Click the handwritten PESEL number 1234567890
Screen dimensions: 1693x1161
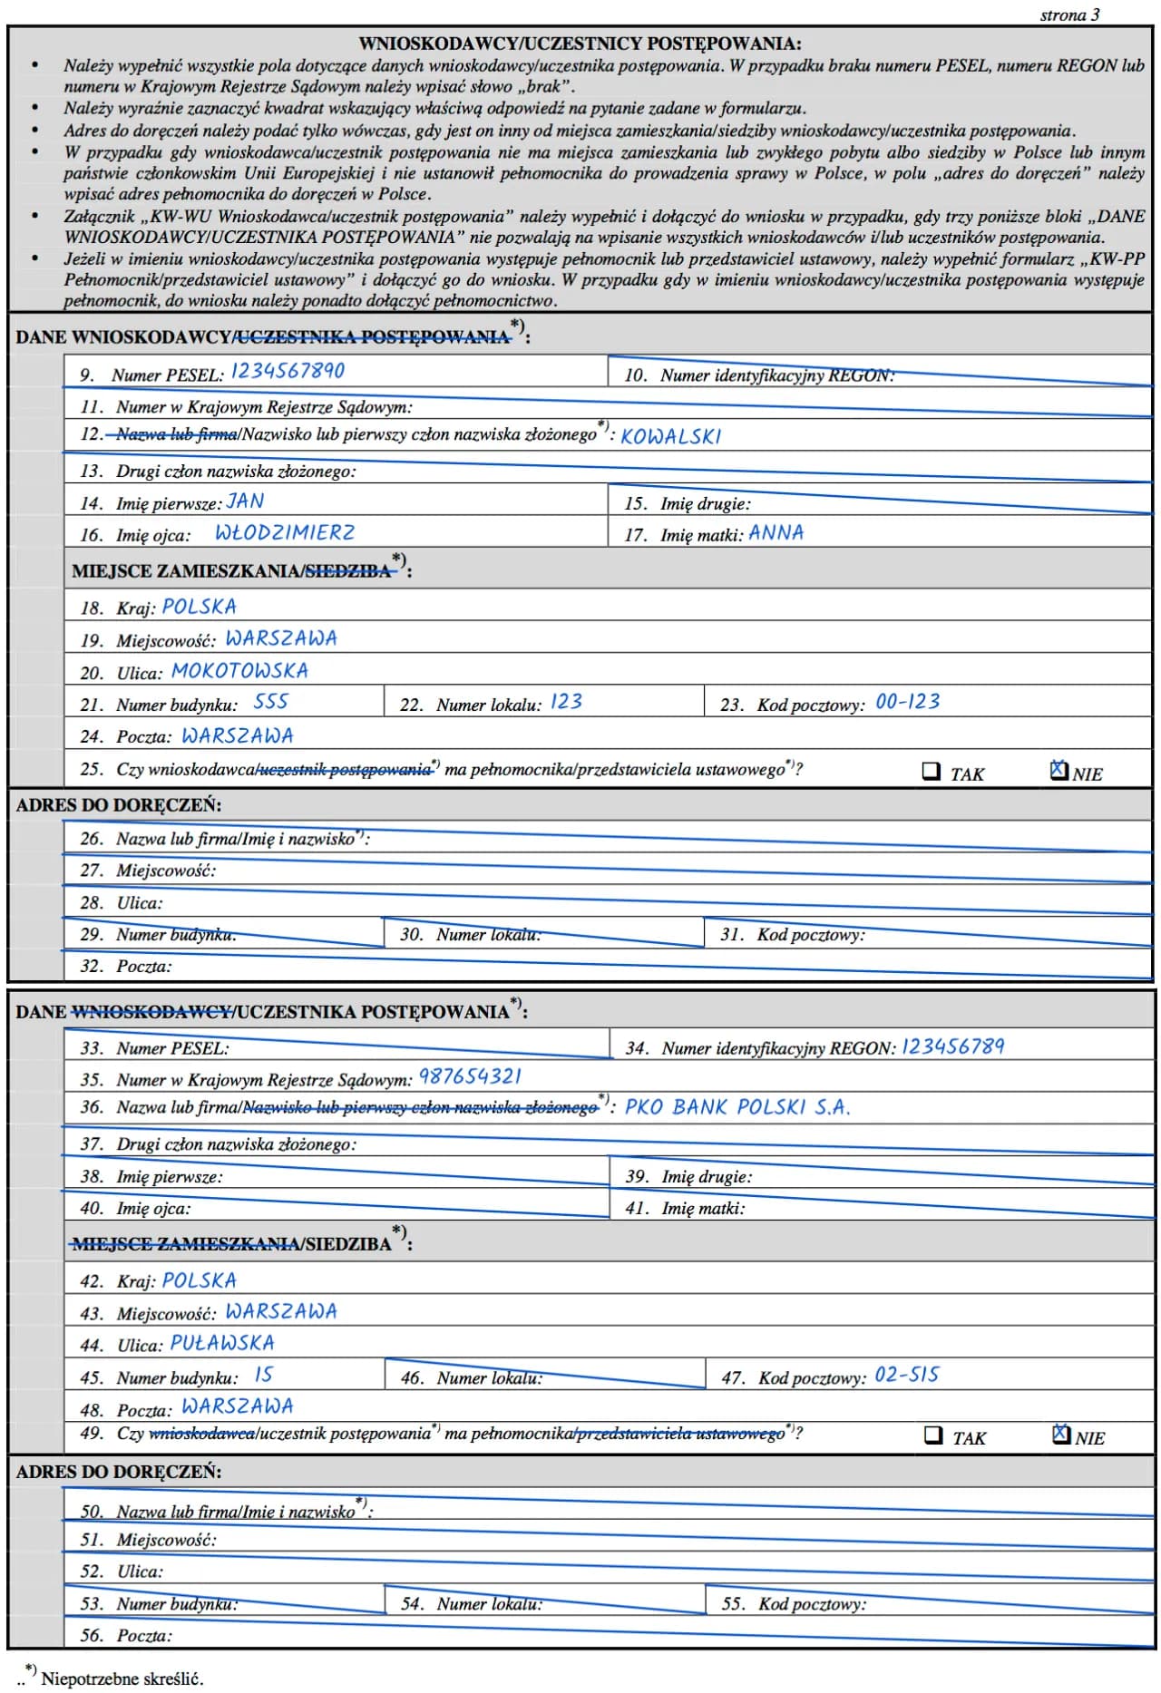pos(288,371)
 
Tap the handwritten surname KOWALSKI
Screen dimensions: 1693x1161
pos(670,436)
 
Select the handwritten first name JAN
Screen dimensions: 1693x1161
pos(245,501)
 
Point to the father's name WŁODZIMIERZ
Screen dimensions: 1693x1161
pos(285,532)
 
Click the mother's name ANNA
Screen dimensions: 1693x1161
pos(776,532)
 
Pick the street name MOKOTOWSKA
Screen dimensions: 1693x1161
pos(239,670)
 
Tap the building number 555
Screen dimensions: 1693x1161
pos(270,701)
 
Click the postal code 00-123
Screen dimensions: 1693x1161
pos(907,701)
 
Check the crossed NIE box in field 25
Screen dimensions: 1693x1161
pos(1059,770)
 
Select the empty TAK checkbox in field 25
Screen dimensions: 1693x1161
pos(931,771)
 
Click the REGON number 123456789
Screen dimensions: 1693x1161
pos(952,1046)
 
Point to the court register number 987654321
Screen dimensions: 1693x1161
pos(470,1076)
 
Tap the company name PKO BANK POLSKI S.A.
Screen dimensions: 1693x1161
pos(737,1107)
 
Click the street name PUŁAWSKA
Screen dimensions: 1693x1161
pos(222,1342)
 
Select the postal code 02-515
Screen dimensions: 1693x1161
pos(906,1375)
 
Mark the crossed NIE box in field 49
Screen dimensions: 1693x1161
pos(1061,1434)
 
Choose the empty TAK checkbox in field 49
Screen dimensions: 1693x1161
pos(933,1435)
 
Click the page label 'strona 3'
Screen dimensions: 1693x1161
pos(1069,15)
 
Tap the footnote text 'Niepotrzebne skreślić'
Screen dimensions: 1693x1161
pos(122,1678)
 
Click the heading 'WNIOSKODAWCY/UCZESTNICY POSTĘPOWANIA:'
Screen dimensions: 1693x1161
pos(580,43)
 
